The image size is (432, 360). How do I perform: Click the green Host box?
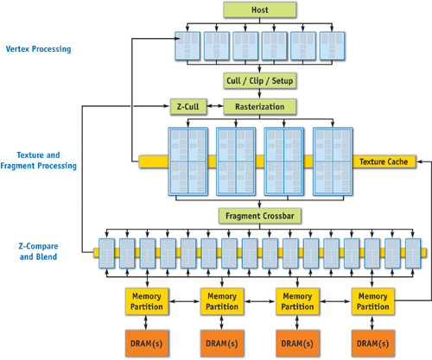(260, 9)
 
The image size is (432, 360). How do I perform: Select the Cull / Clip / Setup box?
(260, 80)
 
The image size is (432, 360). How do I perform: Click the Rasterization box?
(260, 107)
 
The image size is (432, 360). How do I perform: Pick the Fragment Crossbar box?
(260, 214)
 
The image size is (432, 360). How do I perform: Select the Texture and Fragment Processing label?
(44, 158)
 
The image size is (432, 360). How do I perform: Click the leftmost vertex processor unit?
(188, 46)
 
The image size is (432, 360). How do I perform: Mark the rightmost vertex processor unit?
(332, 46)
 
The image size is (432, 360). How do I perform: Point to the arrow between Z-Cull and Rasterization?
(214, 107)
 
